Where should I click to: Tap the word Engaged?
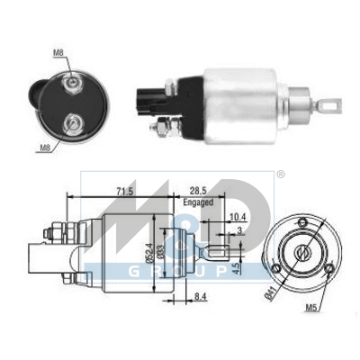pyautogui.click(x=198, y=202)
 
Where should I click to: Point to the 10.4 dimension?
pyautogui.click(x=238, y=217)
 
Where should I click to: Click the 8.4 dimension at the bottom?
pyautogui.click(x=201, y=297)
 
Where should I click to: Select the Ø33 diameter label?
pyautogui.click(x=160, y=251)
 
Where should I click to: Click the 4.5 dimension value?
pyautogui.click(x=236, y=268)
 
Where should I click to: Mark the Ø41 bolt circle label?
pyautogui.click(x=270, y=294)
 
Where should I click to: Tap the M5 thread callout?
pyautogui.click(x=311, y=307)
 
